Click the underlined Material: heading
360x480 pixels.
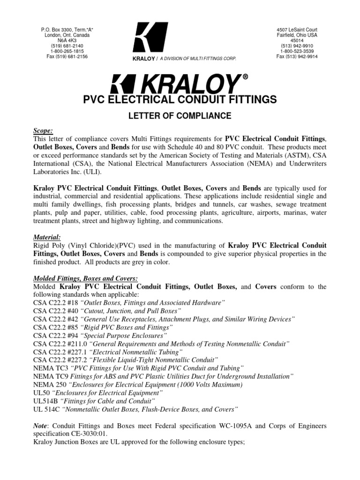48,237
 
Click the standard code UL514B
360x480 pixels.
46,401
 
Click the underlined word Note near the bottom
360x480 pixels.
41,425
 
